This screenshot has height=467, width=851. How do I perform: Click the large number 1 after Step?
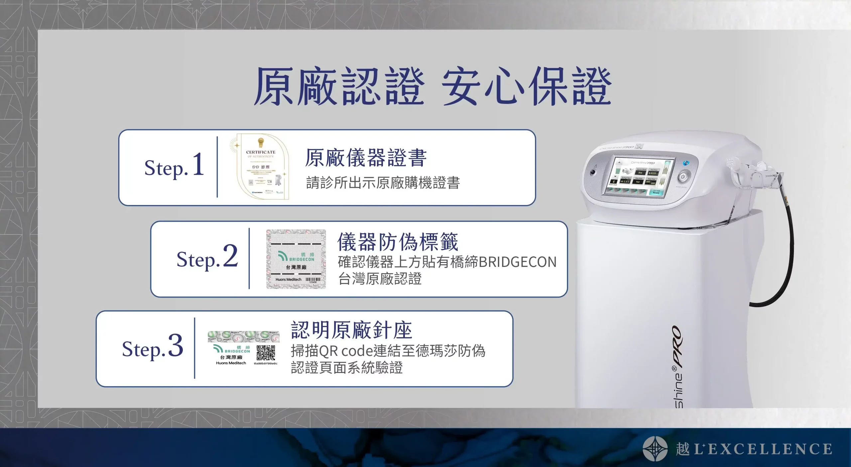coord(198,164)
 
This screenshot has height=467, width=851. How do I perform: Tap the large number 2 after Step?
coord(230,256)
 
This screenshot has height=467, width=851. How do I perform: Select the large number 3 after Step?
coord(175,346)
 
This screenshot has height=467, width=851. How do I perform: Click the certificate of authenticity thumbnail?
coord(261,167)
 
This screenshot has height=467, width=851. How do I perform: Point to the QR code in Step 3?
coord(266,353)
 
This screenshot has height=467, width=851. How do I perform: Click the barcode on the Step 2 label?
coord(313,280)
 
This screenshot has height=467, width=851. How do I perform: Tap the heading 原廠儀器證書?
coord(366,158)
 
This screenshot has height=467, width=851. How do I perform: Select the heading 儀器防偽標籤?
coord(398,242)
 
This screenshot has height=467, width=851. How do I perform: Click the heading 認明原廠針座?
coord(352,330)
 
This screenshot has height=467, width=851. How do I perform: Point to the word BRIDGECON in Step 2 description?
coord(518,262)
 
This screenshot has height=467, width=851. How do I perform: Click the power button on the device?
coord(682,177)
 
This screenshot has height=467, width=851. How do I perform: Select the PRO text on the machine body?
coord(677,347)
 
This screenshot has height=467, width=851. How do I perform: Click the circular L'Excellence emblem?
coord(655,449)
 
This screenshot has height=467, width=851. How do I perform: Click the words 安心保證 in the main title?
coord(527,87)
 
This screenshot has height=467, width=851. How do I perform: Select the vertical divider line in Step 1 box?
coord(217,167)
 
